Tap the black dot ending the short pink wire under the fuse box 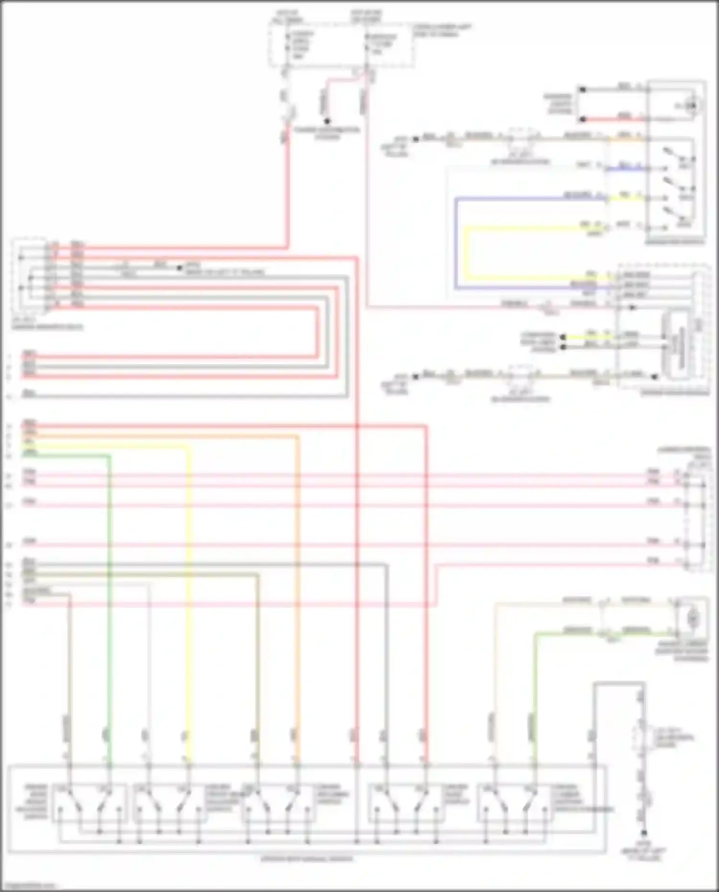pyautogui.click(x=327, y=121)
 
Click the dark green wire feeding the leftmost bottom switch pyautogui.click(x=109, y=599)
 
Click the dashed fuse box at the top pyautogui.click(x=341, y=45)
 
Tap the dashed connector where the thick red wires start pyautogui.click(x=31, y=276)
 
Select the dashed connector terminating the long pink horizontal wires pyautogui.click(x=696, y=520)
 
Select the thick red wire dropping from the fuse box pyautogui.click(x=288, y=192)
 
